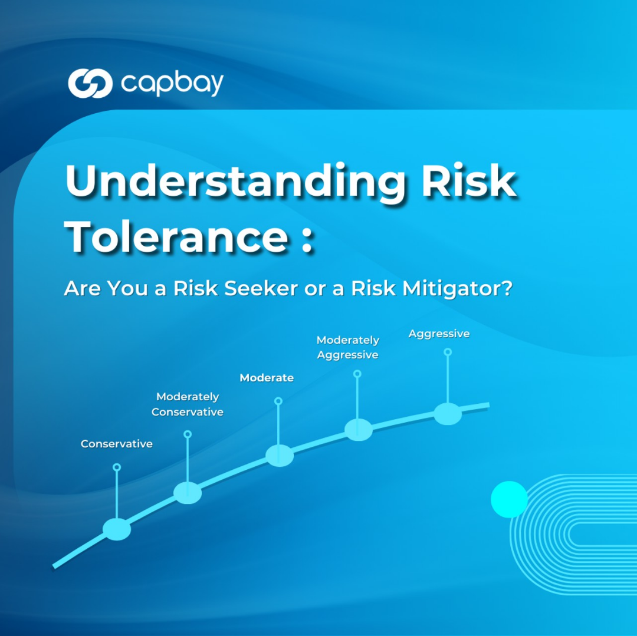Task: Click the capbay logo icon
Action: [x=90, y=83]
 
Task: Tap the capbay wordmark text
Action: [x=172, y=84]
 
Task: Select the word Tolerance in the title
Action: [x=176, y=236]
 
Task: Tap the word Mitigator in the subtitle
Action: [x=457, y=289]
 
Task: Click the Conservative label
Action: [x=117, y=444]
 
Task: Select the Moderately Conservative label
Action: [x=188, y=404]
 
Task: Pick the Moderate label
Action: [x=267, y=377]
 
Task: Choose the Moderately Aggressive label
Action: [x=348, y=347]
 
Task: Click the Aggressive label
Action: [x=439, y=334]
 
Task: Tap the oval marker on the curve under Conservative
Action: [x=117, y=529]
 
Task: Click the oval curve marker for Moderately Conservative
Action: [x=188, y=493]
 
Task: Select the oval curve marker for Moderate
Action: [x=280, y=456]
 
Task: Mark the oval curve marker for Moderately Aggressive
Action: [x=359, y=430]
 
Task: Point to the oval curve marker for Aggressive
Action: [x=448, y=414]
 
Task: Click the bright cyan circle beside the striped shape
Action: [x=510, y=499]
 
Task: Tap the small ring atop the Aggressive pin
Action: [x=448, y=352]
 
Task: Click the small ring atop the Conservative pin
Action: [x=117, y=467]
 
